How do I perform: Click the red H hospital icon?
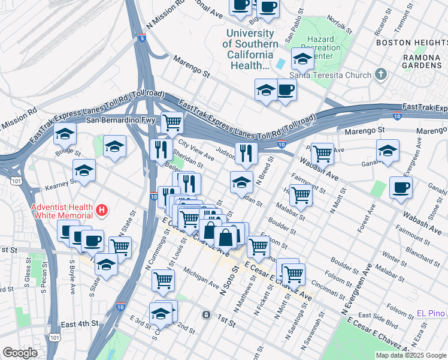pos(102,211)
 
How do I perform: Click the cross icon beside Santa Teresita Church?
pos(379,74)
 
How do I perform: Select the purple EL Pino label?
pos(431,314)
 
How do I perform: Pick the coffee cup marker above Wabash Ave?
pos(401,187)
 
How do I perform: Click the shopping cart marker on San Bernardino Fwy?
pos(172,122)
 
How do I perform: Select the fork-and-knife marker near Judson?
pos(246,153)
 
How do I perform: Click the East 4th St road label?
pos(79,324)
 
